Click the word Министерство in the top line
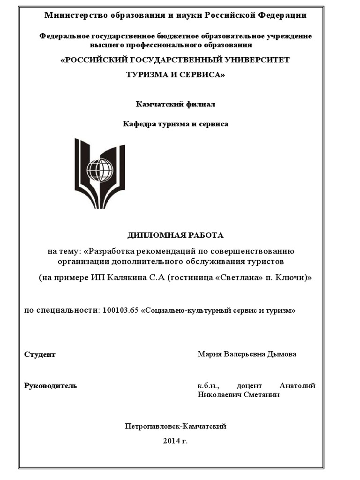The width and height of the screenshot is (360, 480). tap(70, 15)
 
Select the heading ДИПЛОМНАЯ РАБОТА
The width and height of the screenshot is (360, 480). tap(176, 235)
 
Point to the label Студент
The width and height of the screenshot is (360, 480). tap(40, 354)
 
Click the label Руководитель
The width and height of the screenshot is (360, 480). tap(50, 386)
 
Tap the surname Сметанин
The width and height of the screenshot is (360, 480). tap(263, 395)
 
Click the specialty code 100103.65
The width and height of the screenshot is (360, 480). tap(119, 310)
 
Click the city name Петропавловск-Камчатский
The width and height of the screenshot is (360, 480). tap(176, 427)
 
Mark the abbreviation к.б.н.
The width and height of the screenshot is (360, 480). tap(206, 386)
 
